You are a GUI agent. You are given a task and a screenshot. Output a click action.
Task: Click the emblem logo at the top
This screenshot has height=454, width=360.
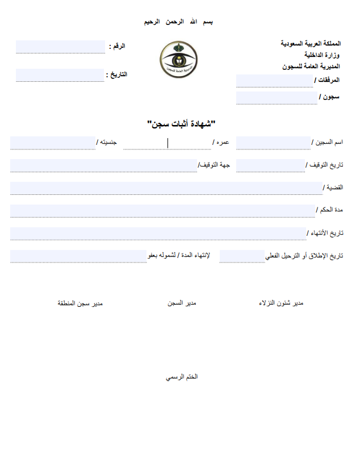(179, 61)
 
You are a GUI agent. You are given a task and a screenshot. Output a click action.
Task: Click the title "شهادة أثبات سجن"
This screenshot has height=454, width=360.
(182, 123)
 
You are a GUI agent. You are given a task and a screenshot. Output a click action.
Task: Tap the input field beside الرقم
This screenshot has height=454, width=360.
(61, 47)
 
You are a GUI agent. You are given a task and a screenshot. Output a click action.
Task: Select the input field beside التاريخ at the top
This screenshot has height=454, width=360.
(61, 75)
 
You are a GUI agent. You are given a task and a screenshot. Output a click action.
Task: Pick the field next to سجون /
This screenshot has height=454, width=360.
(276, 98)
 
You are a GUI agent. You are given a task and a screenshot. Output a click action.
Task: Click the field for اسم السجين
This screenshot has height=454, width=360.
(273, 143)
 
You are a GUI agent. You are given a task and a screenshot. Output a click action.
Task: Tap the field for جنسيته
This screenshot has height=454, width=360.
(52, 143)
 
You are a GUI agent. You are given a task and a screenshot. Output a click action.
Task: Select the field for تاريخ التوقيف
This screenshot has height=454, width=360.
(270, 165)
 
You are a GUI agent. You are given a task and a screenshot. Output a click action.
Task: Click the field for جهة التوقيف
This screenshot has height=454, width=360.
(103, 165)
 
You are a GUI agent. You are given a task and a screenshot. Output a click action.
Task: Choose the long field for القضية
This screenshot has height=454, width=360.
(166, 188)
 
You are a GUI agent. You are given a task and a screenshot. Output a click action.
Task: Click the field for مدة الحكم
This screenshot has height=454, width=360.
(162, 211)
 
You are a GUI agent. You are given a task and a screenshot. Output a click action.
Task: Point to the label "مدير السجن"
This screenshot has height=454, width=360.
(181, 303)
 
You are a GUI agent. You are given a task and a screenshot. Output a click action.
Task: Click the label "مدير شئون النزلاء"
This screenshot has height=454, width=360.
(281, 303)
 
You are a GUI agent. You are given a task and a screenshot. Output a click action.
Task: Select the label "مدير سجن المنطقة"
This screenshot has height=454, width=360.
(80, 303)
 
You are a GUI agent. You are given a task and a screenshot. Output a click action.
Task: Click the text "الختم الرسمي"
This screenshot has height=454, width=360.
(181, 377)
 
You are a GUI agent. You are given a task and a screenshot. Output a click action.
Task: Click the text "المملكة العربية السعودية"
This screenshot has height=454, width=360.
(311, 44)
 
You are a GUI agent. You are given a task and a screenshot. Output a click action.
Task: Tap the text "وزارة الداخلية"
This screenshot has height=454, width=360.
(323, 55)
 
